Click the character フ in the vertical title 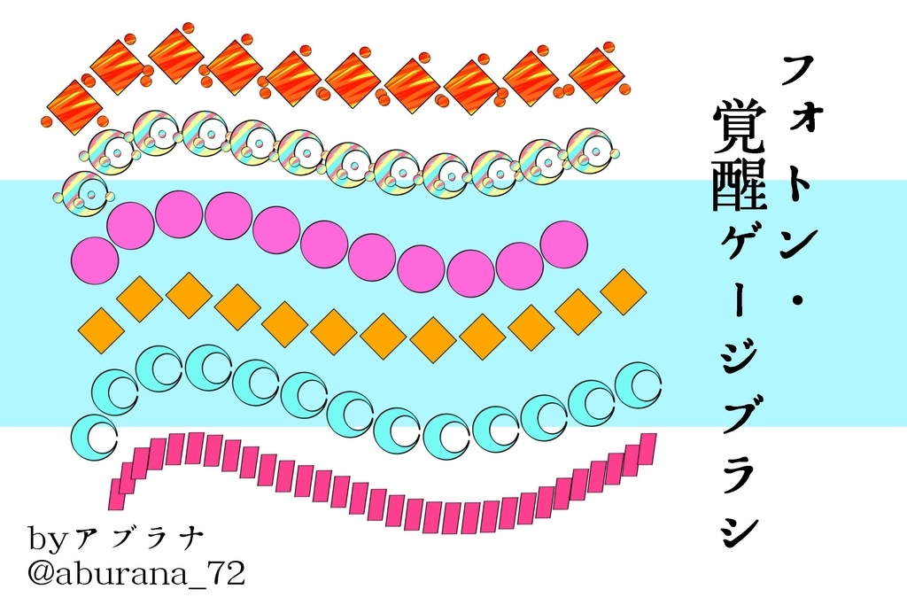(x=799, y=68)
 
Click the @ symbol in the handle (x=43, y=573)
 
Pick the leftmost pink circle (x=95, y=260)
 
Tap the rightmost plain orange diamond (x=624, y=291)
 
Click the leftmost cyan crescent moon (x=93, y=435)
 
